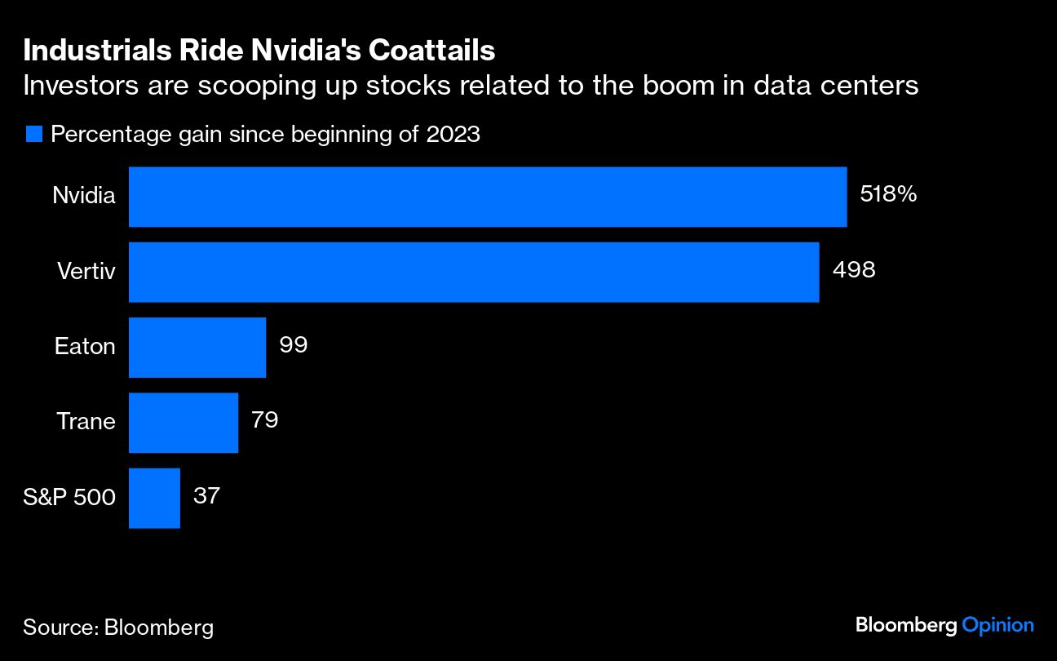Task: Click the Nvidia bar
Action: (488, 197)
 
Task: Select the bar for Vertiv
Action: (474, 272)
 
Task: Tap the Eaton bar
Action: (197, 347)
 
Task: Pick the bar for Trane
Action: (184, 422)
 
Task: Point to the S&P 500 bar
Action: (154, 497)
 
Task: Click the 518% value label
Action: (888, 194)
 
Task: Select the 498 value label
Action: (853, 269)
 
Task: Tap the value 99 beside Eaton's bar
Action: (293, 344)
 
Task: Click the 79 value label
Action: (265, 419)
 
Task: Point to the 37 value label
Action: (206, 495)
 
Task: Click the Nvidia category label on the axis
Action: (84, 196)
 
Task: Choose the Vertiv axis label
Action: (86, 271)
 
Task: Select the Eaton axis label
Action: (85, 346)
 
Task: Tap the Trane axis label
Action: (86, 421)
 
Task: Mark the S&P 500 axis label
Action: (69, 496)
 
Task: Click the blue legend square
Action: (33, 135)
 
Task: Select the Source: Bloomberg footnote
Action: (118, 627)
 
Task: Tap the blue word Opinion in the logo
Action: (997, 625)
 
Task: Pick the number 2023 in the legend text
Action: (453, 135)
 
